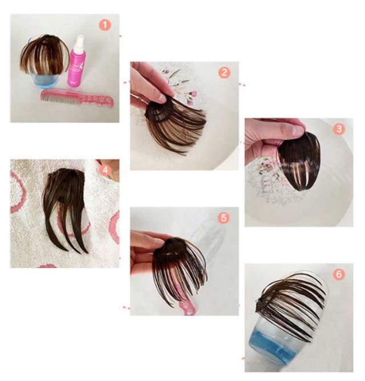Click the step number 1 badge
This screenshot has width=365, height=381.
[105, 25]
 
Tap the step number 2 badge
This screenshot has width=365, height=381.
[224, 72]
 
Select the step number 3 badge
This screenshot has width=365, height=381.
[339, 129]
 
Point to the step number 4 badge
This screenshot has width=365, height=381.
[105, 171]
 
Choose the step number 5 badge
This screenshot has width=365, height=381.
[224, 218]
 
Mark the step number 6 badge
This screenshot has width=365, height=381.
[339, 274]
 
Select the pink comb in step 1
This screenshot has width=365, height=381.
[77, 98]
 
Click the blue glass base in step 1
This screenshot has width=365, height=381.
[46, 80]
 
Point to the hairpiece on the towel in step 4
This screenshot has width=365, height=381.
[64, 209]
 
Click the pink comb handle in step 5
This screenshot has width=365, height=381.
[188, 308]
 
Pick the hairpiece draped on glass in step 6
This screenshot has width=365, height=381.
[291, 301]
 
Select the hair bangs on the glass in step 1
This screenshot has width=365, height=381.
[44, 55]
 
